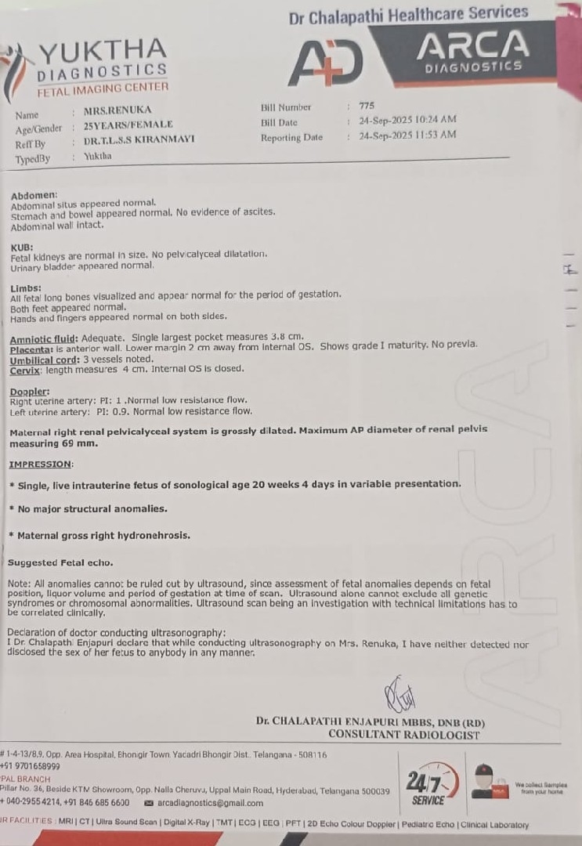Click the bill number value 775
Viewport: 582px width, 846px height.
[367, 106]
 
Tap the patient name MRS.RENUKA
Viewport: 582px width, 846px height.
[117, 110]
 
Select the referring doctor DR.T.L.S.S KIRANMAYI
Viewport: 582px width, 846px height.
[139, 139]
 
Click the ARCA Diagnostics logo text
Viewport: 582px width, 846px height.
[472, 49]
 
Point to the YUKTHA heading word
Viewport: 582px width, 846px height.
[102, 53]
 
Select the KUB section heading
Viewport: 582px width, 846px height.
[21, 247]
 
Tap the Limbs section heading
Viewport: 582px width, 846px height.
[26, 287]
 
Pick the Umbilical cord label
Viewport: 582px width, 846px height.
[43, 360]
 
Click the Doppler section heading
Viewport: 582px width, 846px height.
[30, 391]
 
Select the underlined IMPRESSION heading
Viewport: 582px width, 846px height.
[40, 464]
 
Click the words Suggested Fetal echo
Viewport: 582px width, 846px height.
[60, 562]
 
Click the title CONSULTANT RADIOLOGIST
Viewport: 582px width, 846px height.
[403, 734]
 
